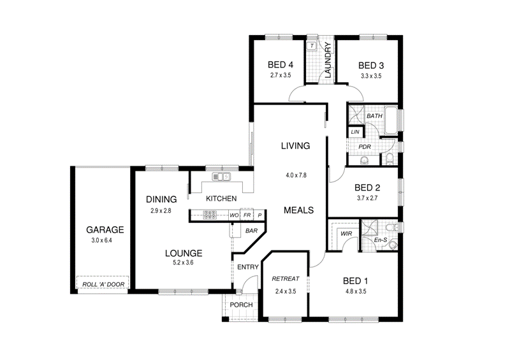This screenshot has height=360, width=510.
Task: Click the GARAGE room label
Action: (105, 230)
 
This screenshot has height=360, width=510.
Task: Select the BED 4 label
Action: (280, 65)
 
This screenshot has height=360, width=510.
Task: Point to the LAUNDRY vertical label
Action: (328, 61)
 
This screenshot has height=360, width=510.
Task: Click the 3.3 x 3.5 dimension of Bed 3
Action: (370, 76)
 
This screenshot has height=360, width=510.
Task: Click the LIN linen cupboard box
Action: (355, 131)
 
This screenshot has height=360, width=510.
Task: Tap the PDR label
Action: (365, 147)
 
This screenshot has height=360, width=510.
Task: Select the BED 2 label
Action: (367, 187)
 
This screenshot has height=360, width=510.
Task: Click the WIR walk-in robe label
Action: (347, 234)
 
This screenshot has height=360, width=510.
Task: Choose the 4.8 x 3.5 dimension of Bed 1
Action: (356, 292)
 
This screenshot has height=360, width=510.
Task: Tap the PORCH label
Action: (242, 305)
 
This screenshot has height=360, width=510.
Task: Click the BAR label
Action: (251, 231)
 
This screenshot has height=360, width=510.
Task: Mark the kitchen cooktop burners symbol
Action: (210, 215)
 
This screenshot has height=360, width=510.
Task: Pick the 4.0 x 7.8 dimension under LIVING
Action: (296, 175)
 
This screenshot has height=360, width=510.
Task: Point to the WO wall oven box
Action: (234, 215)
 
